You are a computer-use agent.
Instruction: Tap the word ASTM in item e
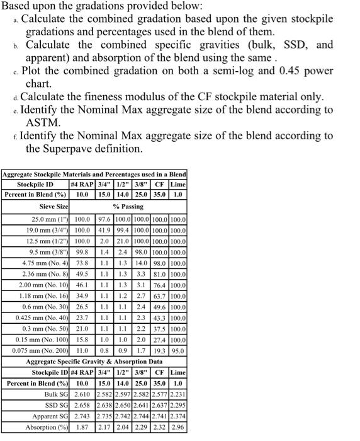43,122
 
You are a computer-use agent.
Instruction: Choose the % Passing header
128,206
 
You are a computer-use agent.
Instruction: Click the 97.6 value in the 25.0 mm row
105,219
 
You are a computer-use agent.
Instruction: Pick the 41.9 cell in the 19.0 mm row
105,231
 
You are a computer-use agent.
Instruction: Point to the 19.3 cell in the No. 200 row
160,350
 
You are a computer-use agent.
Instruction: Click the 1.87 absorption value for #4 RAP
82,427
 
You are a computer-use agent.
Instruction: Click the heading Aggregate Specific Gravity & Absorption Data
94,362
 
